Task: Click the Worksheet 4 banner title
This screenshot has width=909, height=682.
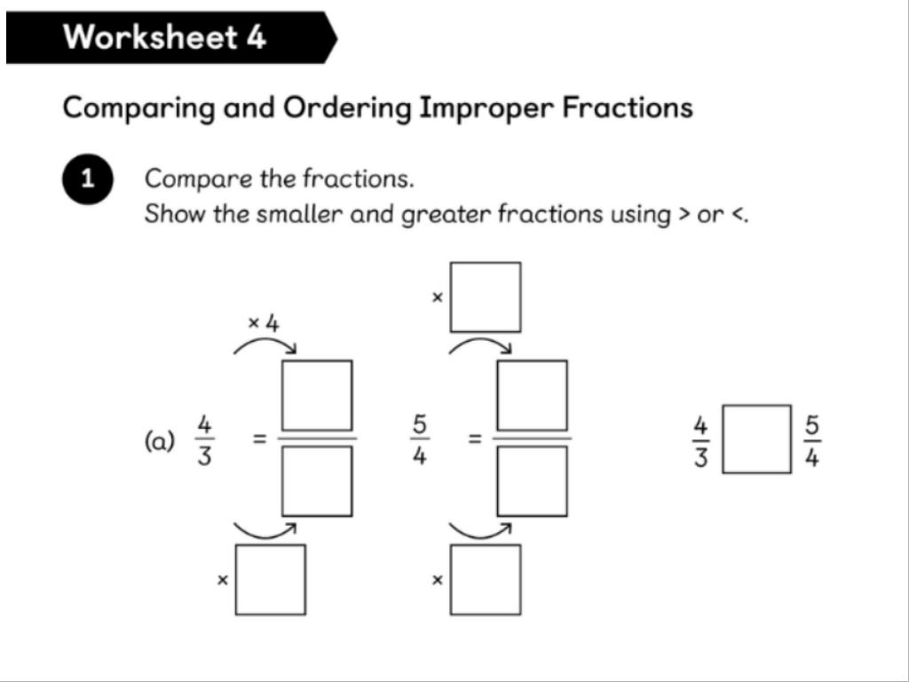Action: point(164,37)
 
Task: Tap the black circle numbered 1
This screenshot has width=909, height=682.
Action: point(88,178)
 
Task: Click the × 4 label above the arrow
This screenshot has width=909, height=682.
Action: point(263,323)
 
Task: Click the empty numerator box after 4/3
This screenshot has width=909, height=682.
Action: point(317,395)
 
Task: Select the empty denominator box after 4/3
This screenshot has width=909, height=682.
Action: point(317,480)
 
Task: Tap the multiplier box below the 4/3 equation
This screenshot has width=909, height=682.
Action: point(271,580)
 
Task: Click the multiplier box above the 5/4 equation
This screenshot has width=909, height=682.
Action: point(486,297)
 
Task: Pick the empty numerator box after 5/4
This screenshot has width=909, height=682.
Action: point(532,395)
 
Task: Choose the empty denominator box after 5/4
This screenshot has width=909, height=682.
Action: point(532,480)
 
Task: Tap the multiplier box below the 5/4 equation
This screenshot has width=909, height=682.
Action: point(486,580)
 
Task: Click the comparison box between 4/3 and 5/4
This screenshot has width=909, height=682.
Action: point(756,440)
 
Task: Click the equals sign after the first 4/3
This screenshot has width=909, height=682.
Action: point(259,438)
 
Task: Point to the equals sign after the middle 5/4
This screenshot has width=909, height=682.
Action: point(475,438)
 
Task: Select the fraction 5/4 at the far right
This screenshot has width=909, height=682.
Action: point(811,440)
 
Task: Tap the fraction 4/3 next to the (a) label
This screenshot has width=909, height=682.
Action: point(204,440)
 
